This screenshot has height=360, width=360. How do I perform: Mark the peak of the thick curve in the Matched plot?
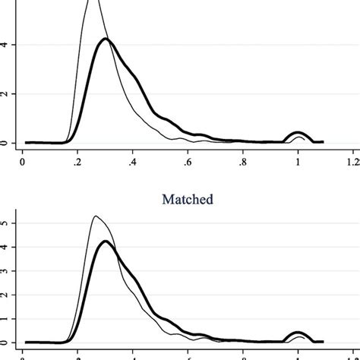point(106,242)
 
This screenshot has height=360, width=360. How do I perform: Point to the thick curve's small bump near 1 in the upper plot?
point(298,133)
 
